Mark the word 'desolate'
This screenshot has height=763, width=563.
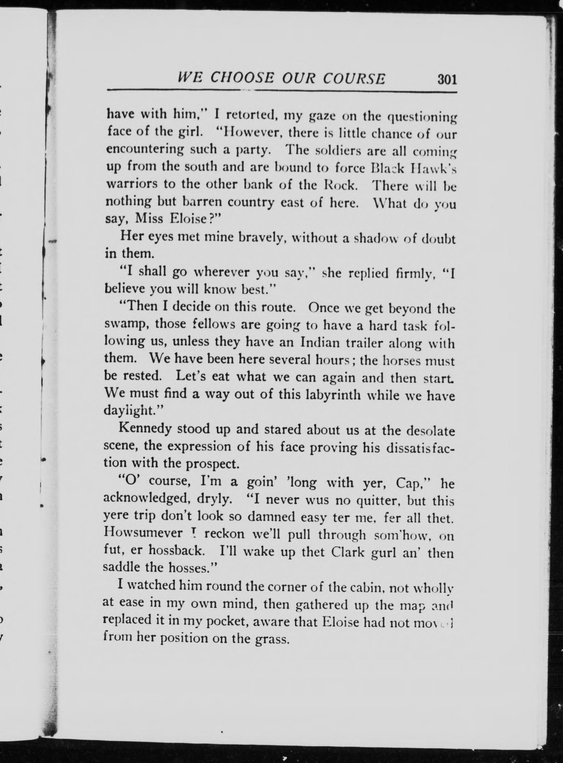coord(431,431)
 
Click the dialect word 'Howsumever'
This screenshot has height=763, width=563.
coord(143,534)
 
